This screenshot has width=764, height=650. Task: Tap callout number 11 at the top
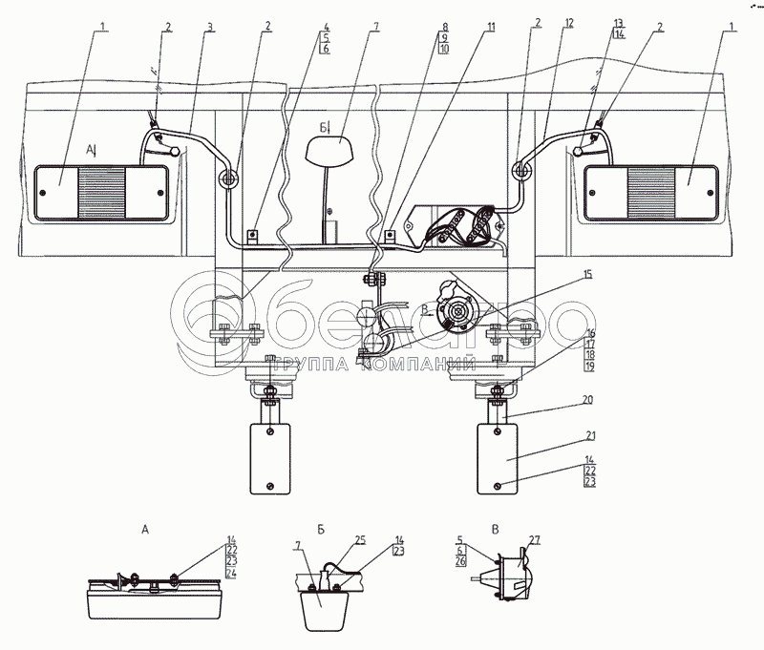[x=490, y=28]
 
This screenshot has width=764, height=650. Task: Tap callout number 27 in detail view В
[x=534, y=540]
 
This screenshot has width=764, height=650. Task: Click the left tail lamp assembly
[x=102, y=191]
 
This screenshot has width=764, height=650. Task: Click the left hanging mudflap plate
[x=271, y=457]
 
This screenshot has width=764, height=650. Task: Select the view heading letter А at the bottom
[x=144, y=527]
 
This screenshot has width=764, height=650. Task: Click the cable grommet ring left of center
[x=228, y=177]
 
